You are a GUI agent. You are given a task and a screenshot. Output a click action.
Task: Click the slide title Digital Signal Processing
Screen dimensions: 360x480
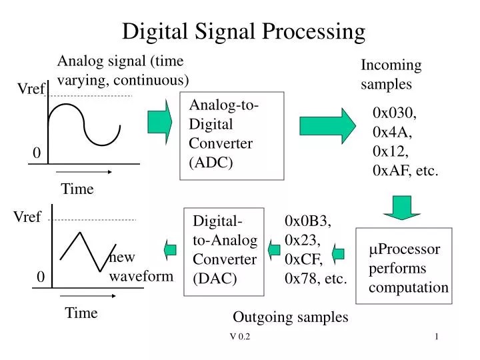244,31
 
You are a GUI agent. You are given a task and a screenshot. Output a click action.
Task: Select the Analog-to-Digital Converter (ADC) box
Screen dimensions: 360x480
232,136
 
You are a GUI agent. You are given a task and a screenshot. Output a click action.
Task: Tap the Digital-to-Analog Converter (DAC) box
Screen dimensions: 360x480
224,250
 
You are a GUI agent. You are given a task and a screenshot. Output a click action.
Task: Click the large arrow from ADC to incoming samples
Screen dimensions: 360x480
328,125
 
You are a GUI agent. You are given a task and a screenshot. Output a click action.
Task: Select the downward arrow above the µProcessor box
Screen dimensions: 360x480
401,207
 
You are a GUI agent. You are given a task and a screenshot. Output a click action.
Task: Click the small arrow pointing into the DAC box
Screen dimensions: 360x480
274,250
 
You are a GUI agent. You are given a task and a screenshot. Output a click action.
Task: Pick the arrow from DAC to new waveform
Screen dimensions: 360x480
170,249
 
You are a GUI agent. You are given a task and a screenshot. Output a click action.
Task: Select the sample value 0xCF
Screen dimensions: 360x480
303,259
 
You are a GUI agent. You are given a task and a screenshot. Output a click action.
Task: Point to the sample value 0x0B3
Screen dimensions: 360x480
308,221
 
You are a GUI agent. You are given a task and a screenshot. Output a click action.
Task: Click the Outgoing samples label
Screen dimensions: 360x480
291,317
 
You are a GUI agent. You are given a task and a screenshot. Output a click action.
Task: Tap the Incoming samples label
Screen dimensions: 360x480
391,75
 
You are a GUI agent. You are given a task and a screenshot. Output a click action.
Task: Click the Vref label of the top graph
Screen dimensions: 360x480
31,89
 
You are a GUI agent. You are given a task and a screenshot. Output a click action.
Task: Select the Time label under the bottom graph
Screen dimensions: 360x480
81,313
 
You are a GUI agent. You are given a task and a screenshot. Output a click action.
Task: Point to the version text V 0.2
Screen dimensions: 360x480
239,337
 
